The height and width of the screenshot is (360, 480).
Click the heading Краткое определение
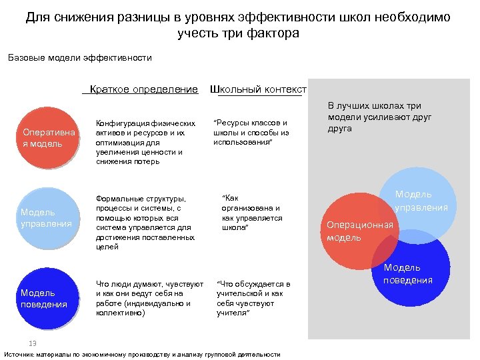144,89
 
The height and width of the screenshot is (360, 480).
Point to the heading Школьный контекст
258,89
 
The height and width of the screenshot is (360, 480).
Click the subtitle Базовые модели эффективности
80,57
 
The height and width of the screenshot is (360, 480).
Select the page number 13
31,343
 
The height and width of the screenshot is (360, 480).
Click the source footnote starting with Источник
142,355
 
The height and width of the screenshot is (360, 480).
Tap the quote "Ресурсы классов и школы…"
251,132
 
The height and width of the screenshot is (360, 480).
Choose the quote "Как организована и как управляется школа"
251,213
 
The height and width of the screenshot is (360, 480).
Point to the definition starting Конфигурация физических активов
146,142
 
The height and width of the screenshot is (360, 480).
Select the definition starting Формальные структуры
146,223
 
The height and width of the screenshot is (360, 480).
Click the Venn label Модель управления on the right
421,201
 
